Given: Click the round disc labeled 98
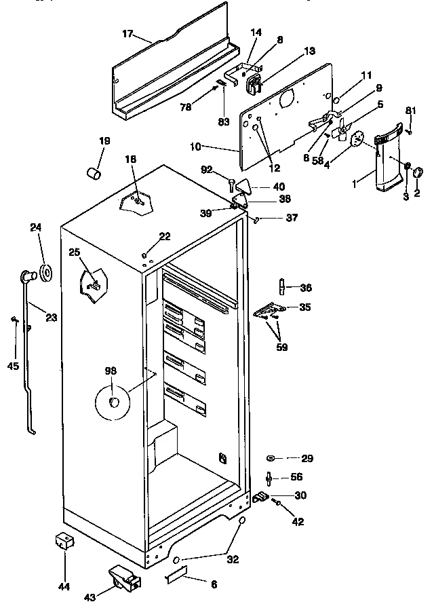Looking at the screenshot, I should [113, 403].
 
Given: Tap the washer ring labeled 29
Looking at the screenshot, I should [271, 459].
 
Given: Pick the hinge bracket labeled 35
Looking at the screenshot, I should [271, 310].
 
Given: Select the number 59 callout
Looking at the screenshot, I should [281, 347].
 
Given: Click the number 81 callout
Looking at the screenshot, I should [410, 111].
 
